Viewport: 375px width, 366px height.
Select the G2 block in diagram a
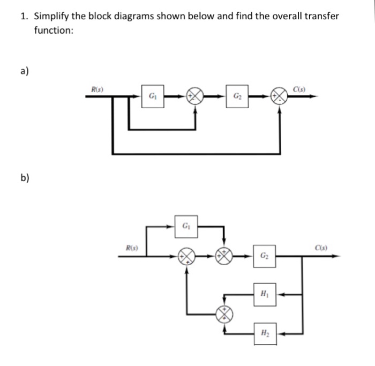click(237, 97)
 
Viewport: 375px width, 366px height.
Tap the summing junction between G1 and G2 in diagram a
click(195, 96)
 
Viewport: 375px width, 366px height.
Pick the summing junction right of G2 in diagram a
click(279, 97)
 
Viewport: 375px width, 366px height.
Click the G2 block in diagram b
click(265, 256)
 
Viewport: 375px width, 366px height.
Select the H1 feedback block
click(265, 294)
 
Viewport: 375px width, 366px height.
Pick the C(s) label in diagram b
click(322, 248)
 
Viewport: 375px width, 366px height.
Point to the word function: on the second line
click(54, 30)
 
